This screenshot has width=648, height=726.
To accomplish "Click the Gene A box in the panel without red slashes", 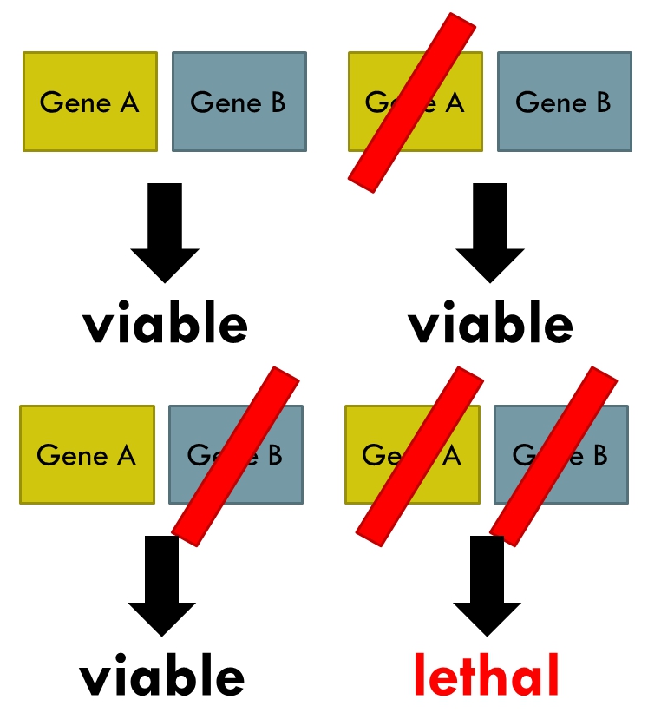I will coord(89,102).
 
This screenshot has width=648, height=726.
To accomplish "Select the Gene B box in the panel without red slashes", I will coord(239,102).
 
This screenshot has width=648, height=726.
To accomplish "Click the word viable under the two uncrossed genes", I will coord(165,324).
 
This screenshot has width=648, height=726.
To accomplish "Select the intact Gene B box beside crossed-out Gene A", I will coord(564,102).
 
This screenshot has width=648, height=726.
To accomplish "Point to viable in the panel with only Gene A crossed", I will coord(490,324).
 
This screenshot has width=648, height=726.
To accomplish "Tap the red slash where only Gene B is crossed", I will coord(236,456).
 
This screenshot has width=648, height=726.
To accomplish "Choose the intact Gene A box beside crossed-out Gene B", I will coord(87,454).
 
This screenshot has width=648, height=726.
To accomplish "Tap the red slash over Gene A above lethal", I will coord(421,456).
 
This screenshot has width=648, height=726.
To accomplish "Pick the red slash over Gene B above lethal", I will coord(553,456).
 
